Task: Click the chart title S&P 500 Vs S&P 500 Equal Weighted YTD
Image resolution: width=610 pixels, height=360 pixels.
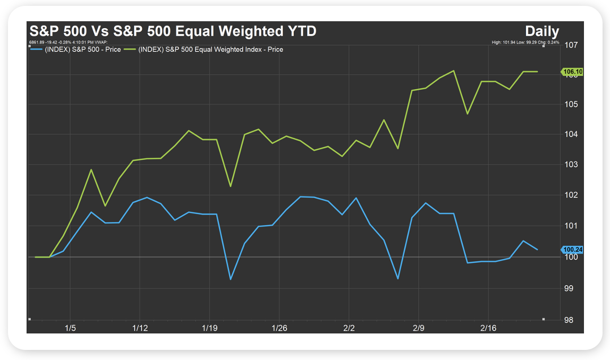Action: pos(172,31)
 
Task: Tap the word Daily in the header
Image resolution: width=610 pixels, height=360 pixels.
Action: pos(542,31)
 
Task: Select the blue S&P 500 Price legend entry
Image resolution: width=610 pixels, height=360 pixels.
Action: pos(80,49)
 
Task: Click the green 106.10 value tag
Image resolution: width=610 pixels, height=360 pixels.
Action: pos(572,72)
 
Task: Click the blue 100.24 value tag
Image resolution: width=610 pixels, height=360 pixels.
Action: pos(572,249)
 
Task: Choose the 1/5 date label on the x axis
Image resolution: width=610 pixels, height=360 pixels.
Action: pos(70,328)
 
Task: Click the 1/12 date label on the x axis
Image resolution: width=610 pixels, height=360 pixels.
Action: pos(140,328)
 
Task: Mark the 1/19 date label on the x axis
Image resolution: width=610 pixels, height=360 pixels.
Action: pos(209,328)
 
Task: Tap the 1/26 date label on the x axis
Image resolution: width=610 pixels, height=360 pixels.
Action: pos(279,328)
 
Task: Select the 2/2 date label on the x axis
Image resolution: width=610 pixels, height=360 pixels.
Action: pos(349,328)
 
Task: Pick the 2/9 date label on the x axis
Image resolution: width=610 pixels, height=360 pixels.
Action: pos(419,328)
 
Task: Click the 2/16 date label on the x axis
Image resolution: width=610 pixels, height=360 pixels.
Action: pos(488,328)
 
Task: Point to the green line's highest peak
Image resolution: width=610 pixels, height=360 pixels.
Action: pos(453,71)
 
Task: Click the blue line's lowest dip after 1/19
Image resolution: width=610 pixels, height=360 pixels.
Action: pos(231,279)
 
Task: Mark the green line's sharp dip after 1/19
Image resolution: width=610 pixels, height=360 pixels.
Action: pos(231,186)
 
